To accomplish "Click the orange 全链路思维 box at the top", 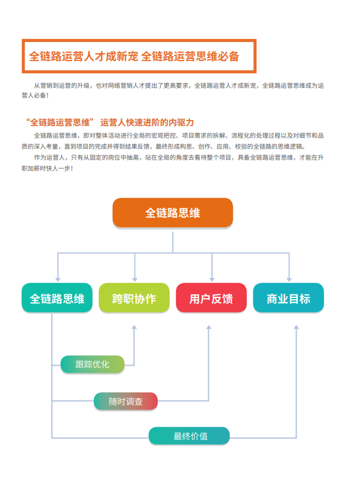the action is tap(172, 213).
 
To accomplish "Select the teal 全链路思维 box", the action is tap(57, 298).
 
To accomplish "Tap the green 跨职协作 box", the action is tap(134, 298).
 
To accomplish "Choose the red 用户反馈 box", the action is tap(211, 298).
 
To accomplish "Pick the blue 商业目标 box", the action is tap(289, 298).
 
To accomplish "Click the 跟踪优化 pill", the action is tap(93, 364).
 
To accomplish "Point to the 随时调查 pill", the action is tap(126, 402).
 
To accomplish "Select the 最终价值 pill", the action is tap(189, 436).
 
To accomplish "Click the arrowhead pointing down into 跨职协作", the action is tap(135, 280).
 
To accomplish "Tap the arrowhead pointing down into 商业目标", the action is tap(289, 280).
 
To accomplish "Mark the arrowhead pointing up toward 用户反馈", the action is tap(209, 327).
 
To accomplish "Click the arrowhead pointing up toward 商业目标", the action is tap(296, 327).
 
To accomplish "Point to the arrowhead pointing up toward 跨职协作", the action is tap(134, 327).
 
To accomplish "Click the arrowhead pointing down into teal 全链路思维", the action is tap(58, 280).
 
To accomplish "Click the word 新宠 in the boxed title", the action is tap(127, 56).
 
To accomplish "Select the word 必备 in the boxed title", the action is tap(228, 56).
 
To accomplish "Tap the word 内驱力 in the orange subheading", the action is tap(182, 122).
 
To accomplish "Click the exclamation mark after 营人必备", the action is tap(48, 95).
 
